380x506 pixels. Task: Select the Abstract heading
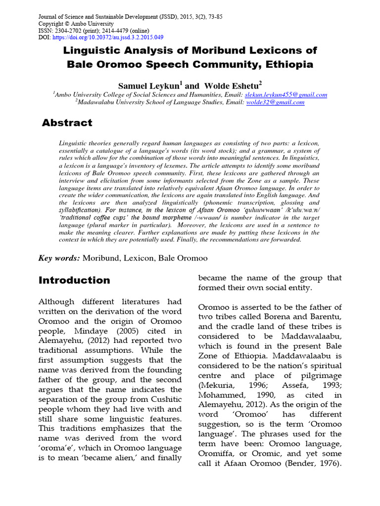[67, 123]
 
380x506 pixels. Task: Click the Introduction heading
[74, 281]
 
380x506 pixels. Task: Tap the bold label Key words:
[59, 258]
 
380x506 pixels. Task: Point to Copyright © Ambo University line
[76, 24]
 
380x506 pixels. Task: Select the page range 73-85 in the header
[213, 17]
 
